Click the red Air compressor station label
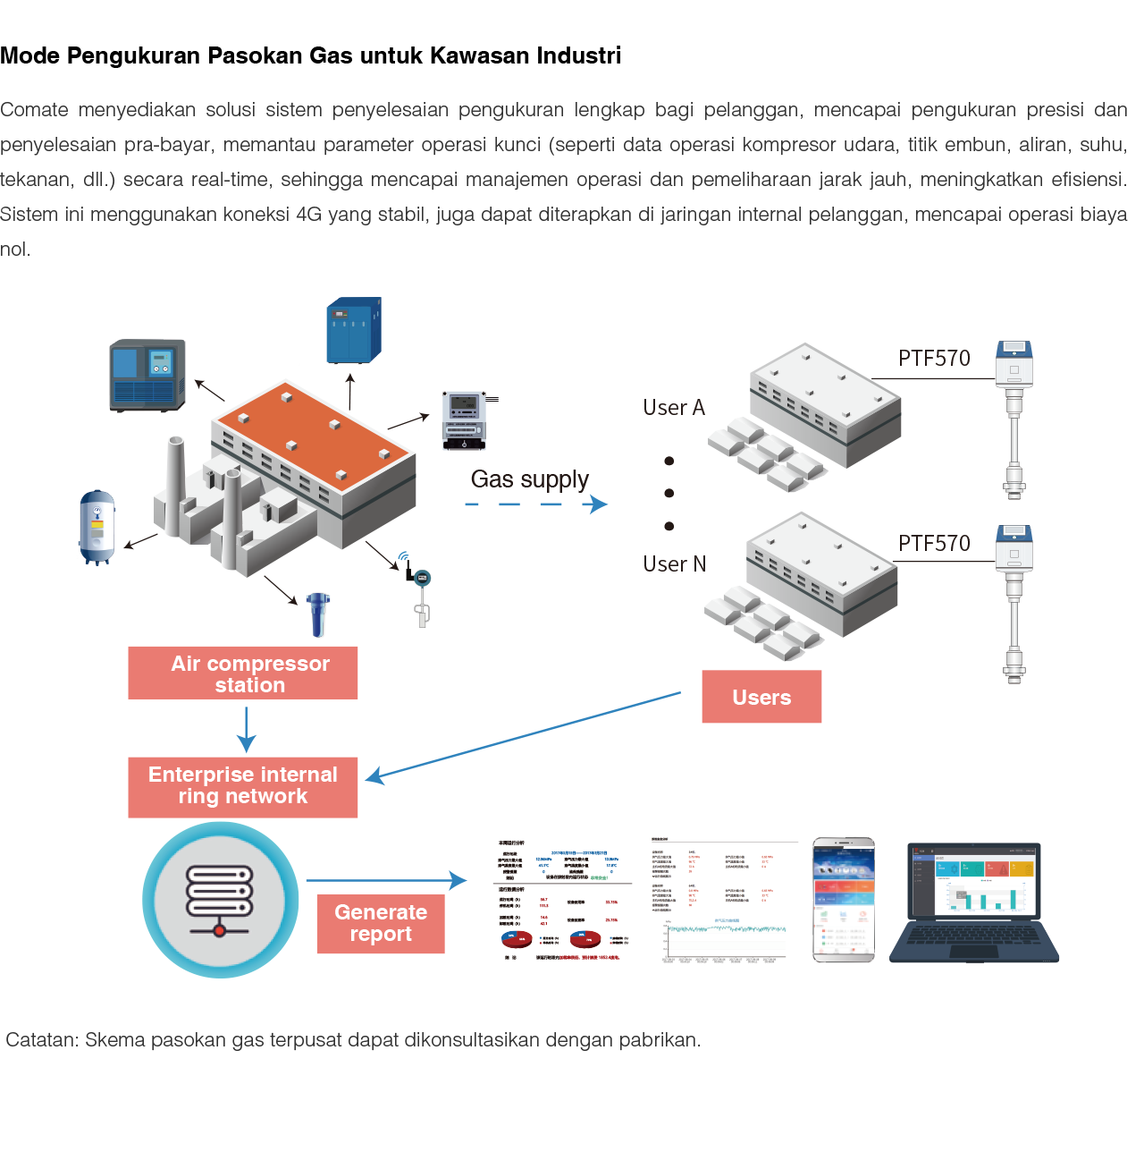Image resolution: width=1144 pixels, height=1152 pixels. click(243, 673)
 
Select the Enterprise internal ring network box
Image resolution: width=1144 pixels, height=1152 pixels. click(243, 786)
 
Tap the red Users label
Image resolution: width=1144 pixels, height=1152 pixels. click(761, 697)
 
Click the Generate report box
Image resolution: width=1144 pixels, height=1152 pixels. click(381, 923)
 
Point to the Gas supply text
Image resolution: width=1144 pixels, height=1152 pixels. click(529, 479)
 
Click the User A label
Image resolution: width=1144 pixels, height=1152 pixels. click(674, 408)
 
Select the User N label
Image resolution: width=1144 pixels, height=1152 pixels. click(675, 564)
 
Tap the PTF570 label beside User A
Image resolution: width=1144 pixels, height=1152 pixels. click(934, 359)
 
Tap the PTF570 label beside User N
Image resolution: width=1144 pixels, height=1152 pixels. click(934, 544)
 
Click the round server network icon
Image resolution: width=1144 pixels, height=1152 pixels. click(220, 900)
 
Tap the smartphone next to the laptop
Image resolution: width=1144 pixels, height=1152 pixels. click(844, 900)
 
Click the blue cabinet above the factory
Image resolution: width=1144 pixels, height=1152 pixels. click(354, 331)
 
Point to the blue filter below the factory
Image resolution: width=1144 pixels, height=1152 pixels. click(317, 614)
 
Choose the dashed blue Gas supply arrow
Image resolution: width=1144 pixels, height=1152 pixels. click(536, 504)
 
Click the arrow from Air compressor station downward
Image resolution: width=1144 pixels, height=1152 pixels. click(247, 729)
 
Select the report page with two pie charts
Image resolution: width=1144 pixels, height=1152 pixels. click(561, 900)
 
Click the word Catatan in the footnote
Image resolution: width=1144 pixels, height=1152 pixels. click(41, 1040)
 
